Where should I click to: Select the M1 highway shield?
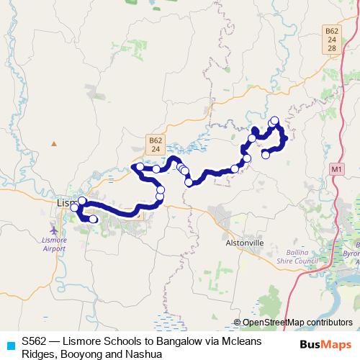coord(336,168)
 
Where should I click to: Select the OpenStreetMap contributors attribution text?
coord(297,323)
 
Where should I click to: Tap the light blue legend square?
coord(10,345)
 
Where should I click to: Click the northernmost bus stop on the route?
coord(274,120)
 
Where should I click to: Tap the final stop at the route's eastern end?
coord(266,154)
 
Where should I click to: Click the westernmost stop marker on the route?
coord(74,207)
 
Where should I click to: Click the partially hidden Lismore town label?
coord(65,203)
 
